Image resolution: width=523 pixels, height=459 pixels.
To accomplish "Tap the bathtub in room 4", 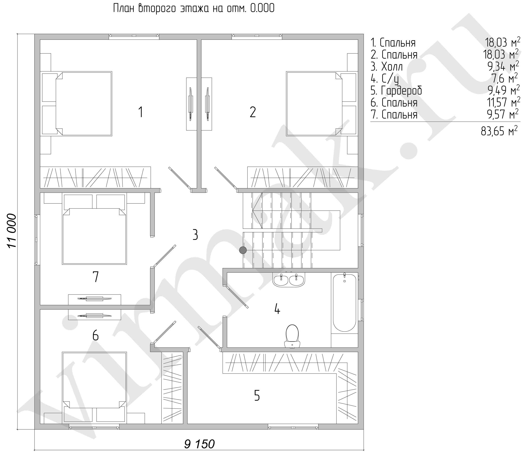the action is click(x=344, y=303).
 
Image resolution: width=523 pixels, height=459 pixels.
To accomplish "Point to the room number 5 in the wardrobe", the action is click(x=257, y=395).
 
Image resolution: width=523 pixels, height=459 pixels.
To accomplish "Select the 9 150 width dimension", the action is click(x=199, y=444).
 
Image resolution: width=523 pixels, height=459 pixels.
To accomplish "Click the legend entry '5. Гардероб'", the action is click(x=396, y=90).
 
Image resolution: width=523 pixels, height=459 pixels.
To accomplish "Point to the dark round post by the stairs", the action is click(x=243, y=250).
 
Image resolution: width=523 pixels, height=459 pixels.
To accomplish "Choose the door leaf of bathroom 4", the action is click(x=237, y=297).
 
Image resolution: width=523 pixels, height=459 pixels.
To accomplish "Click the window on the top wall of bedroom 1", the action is click(x=134, y=36).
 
